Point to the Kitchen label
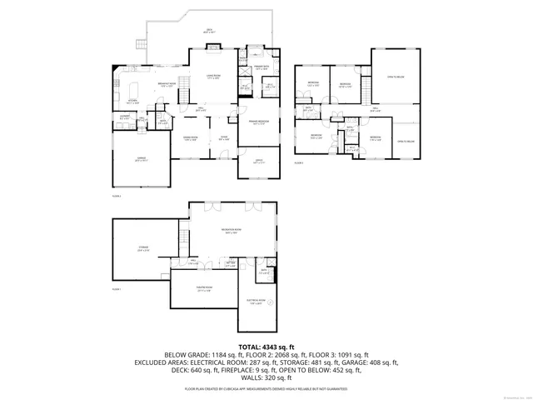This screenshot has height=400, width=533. (x=132, y=101)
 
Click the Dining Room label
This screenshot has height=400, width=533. (x=191, y=138)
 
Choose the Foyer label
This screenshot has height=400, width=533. (x=223, y=138)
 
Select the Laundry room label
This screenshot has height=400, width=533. (x=124, y=117)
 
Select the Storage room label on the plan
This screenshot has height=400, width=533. (x=143, y=249)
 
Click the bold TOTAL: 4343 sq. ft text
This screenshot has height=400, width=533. (x=266, y=346)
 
